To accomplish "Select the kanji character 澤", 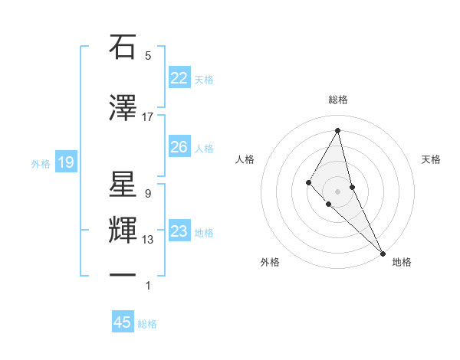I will tap(123, 108).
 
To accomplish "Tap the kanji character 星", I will tap(123, 185).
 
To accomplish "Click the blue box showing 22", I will tap(179, 78).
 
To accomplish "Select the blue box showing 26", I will tap(179, 146).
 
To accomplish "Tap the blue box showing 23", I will tap(179, 231).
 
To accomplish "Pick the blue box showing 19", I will tap(65, 162).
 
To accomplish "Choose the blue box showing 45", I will tap(123, 322).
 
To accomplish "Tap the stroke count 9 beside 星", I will tap(147, 194).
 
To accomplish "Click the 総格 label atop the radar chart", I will tap(338, 100).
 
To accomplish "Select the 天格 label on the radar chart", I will tap(432, 159).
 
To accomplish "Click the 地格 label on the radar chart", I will tap(402, 262).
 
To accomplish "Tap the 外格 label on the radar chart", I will tap(270, 262).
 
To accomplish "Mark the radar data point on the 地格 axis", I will tap(382, 253).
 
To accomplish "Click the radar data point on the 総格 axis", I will tap(338, 130).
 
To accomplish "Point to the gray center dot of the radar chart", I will tap(338, 191).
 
